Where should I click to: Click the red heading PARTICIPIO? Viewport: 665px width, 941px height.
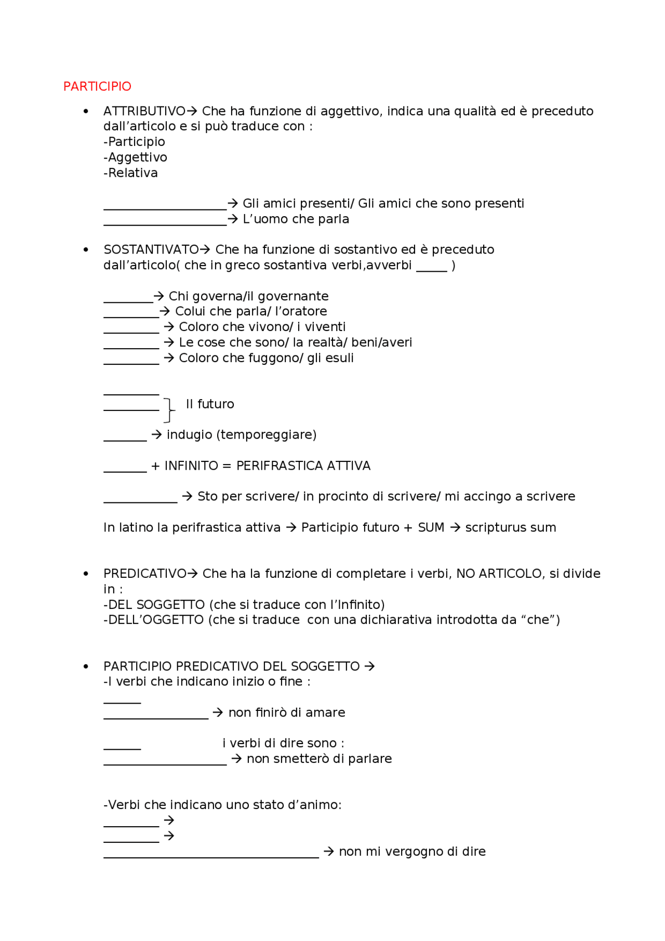[97, 86]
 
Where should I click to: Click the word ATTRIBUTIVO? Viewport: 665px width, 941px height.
[144, 111]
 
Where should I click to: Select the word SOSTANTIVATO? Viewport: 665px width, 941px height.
[151, 250]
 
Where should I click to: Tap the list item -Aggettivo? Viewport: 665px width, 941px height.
[135, 157]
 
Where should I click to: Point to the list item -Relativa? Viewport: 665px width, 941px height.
[130, 173]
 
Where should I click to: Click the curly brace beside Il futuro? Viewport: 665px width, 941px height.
[169, 410]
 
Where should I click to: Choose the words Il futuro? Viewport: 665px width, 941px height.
[210, 404]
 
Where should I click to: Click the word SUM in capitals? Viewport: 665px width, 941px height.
[431, 528]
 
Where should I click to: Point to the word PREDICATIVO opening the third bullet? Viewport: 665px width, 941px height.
[144, 574]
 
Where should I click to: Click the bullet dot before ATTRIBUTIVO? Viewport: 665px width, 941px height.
[86, 111]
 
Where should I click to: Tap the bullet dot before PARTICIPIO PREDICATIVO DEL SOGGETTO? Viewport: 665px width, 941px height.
[86, 667]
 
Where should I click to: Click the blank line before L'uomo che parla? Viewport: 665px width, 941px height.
[165, 224]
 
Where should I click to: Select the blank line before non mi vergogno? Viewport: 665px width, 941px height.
[211, 856]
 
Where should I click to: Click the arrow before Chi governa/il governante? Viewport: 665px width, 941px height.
[159, 296]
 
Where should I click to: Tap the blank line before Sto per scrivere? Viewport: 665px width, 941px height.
[140, 501]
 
